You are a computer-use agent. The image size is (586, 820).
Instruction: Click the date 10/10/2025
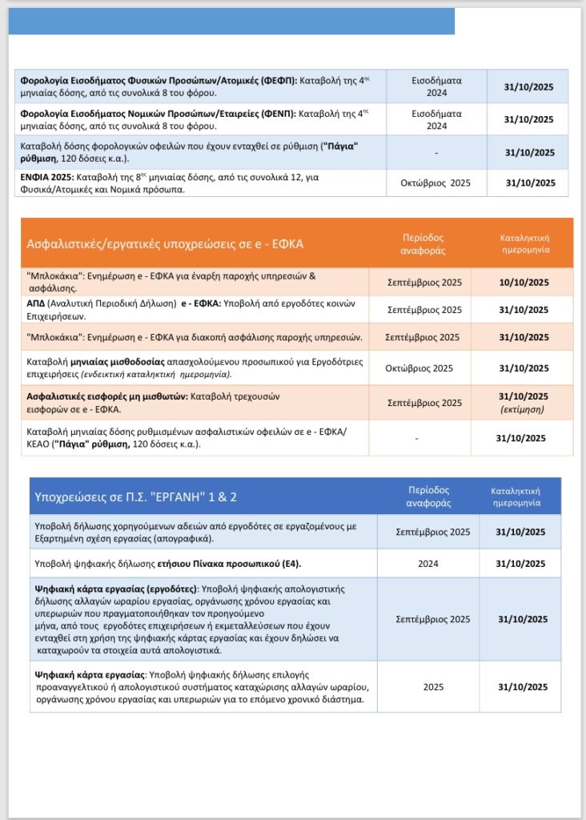[524, 282]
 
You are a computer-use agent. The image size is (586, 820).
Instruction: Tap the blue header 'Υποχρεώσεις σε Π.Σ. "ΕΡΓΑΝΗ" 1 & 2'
[135, 496]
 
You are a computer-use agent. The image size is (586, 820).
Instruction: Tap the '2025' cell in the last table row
[433, 687]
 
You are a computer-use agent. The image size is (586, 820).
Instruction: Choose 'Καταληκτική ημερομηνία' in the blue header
[520, 496]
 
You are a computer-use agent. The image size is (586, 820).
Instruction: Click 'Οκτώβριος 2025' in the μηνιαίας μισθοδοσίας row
[420, 368]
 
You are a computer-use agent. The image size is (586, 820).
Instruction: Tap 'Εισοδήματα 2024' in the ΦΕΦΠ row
[435, 87]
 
